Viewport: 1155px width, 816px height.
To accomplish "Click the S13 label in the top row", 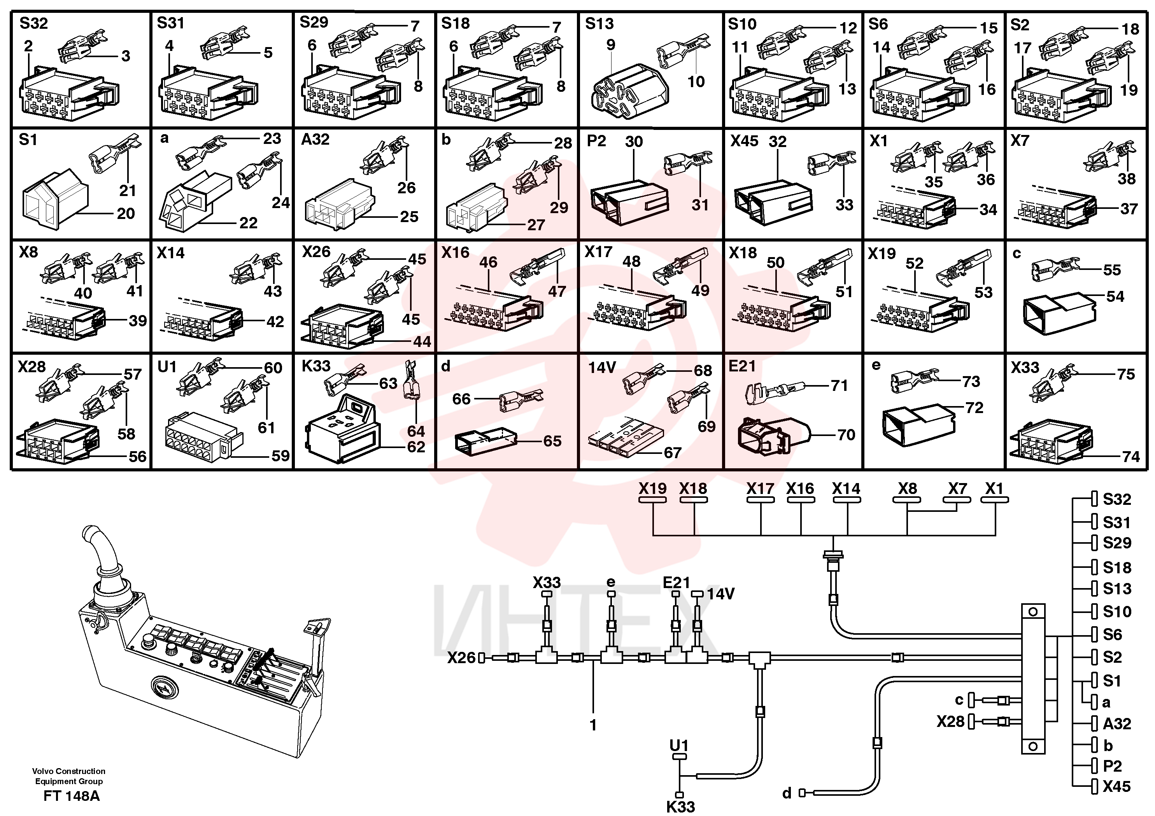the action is [x=599, y=24].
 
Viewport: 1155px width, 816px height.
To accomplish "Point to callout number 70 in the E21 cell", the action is [x=846, y=435].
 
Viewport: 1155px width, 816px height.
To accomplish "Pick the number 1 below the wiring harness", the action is [x=593, y=725].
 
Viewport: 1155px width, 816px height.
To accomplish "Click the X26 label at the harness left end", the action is [x=461, y=658].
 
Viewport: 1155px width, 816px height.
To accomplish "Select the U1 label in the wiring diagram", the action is [x=679, y=745].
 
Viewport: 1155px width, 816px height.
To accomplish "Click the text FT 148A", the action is [x=72, y=797].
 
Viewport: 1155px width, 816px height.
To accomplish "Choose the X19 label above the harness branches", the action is [x=652, y=489].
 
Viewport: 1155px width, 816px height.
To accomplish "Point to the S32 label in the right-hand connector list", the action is [x=1117, y=499].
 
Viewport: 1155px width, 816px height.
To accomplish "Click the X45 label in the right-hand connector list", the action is [x=1117, y=786].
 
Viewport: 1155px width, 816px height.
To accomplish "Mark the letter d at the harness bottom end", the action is [x=787, y=793].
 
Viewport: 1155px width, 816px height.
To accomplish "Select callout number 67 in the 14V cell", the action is [x=673, y=453].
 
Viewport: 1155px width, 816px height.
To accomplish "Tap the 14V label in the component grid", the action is [x=602, y=368].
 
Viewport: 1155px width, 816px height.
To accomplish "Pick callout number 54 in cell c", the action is [x=1115, y=296].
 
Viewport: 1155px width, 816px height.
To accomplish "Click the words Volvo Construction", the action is [x=69, y=771].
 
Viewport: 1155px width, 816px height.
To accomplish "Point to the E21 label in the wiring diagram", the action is [x=676, y=583].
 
